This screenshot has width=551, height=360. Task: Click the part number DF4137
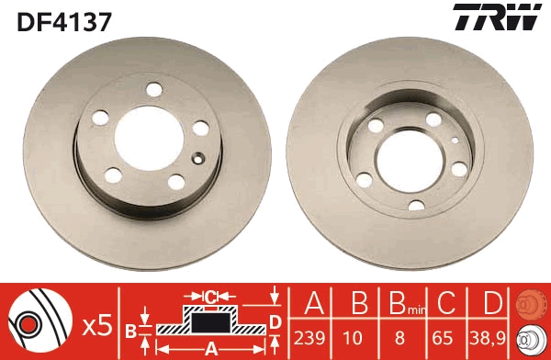pyautogui.click(x=64, y=22)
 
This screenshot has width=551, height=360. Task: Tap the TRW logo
pyautogui.click(x=497, y=17)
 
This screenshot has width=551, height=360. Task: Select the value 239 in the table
pyautogui.click(x=309, y=338)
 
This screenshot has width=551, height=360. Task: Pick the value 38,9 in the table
pyautogui.click(x=488, y=338)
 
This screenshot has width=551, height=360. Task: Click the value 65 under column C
pyautogui.click(x=442, y=338)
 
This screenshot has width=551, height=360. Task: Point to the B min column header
pyautogui.click(x=407, y=303)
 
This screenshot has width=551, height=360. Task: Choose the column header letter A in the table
pyautogui.click(x=314, y=303)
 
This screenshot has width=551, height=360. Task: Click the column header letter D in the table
pyautogui.click(x=492, y=303)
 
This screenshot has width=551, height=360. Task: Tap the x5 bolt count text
pyautogui.click(x=97, y=325)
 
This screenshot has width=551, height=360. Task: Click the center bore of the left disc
pyautogui.click(x=149, y=139)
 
